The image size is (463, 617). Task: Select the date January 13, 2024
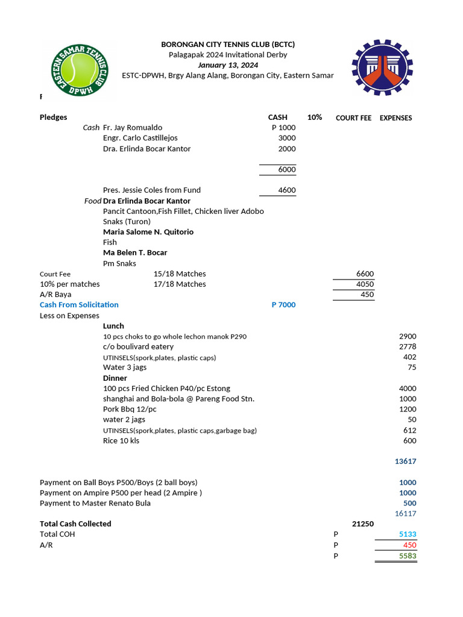(x=228, y=65)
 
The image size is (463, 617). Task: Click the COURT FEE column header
(x=353, y=118)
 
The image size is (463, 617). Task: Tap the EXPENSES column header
(x=395, y=118)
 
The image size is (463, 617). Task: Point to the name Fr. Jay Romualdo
(x=133, y=128)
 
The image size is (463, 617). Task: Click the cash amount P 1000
(x=283, y=128)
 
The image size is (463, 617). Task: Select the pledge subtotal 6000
(x=286, y=170)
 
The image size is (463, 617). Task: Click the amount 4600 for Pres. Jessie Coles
(x=286, y=190)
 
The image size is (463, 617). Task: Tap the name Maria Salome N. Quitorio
(x=148, y=232)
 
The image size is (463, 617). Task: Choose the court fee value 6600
(x=365, y=274)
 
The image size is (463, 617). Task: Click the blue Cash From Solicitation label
(x=79, y=305)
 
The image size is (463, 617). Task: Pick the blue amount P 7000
(x=283, y=305)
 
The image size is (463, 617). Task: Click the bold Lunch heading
(x=113, y=326)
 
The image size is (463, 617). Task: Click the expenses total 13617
(x=405, y=462)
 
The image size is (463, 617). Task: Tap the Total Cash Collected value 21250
(x=362, y=524)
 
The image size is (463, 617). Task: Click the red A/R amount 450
(x=409, y=545)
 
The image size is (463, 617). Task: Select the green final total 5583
(x=408, y=556)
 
